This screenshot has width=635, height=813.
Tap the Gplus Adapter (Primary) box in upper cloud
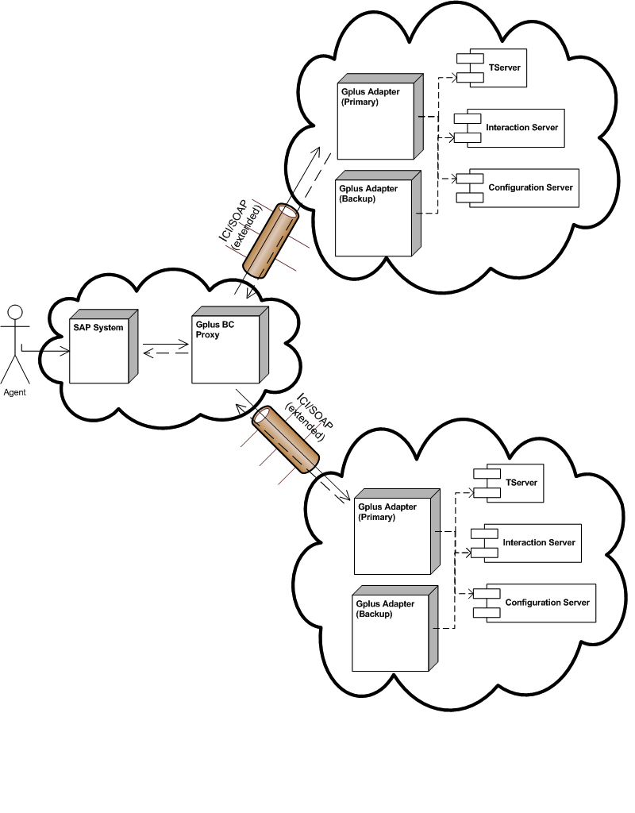[374, 119]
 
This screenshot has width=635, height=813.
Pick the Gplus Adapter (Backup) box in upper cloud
[372, 215]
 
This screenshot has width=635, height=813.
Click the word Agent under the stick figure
[15, 392]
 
